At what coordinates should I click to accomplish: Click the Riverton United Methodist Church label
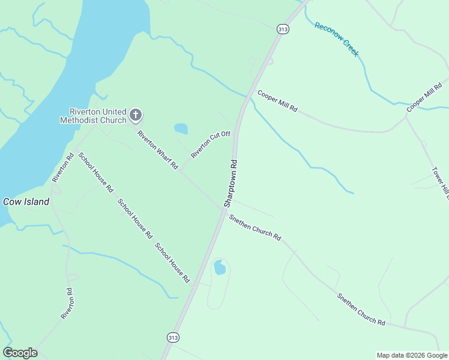point(98,116)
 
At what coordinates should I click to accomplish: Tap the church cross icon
point(136,115)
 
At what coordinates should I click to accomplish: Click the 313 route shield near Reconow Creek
point(282,28)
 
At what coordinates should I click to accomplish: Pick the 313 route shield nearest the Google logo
point(173,338)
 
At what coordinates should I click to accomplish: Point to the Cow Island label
point(26,202)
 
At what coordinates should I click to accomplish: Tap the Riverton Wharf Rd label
point(158,149)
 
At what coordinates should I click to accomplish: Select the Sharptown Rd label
point(231,184)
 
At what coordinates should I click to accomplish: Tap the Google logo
point(20,353)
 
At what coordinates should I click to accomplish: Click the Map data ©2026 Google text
point(411,355)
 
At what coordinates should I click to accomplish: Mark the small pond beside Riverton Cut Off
point(180,128)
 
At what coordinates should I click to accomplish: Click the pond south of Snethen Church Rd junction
point(220,267)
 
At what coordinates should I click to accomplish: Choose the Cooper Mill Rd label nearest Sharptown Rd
point(277,102)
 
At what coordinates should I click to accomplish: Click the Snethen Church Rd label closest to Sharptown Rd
point(255,226)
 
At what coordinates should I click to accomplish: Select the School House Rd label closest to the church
point(96,171)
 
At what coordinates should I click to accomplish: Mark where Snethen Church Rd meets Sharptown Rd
point(224,209)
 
